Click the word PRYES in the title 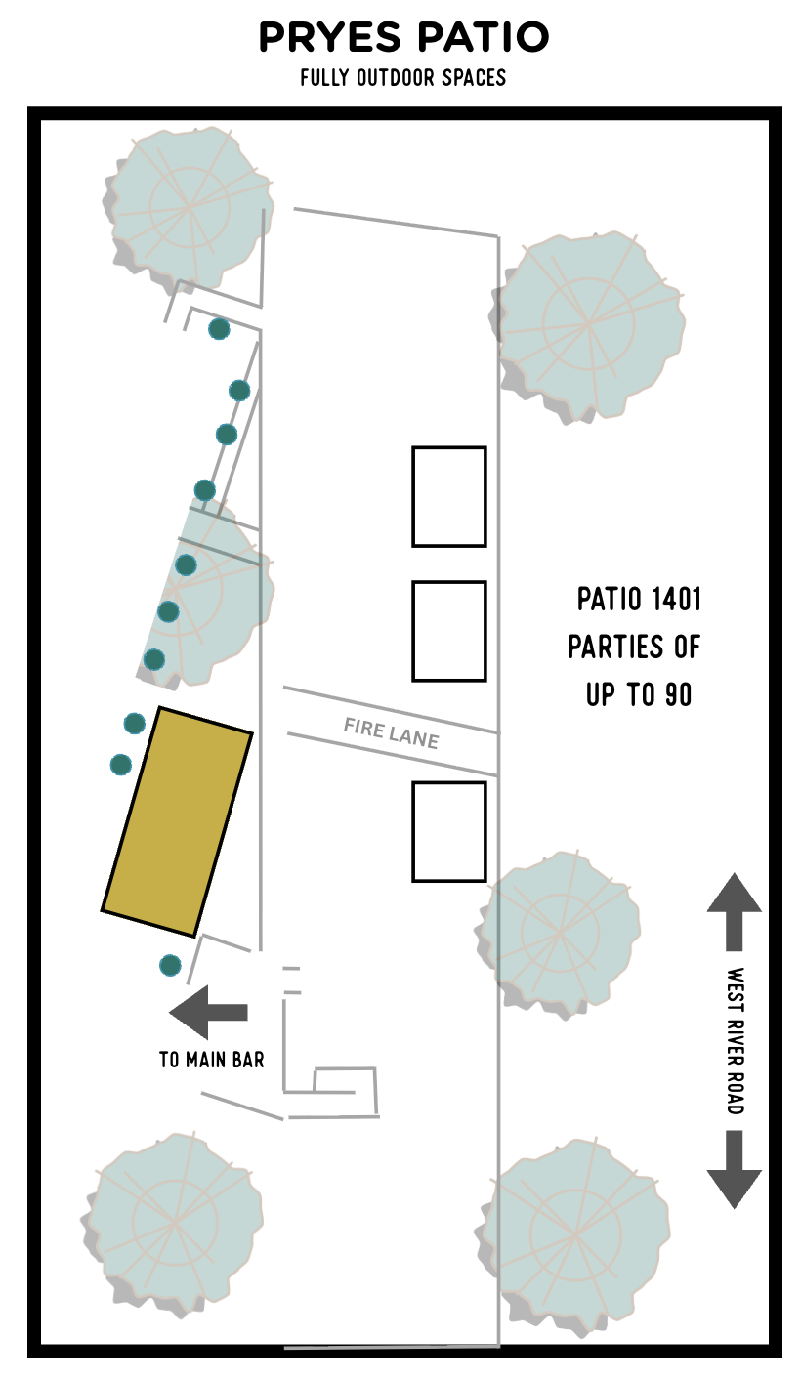[329, 37]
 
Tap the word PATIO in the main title [483, 37]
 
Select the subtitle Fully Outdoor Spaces [403, 78]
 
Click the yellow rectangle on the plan [177, 821]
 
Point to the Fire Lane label [391, 733]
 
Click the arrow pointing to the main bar [208, 1012]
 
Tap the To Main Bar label [212, 1060]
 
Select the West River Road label [736, 1040]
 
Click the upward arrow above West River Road [734, 912]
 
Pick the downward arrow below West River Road [734, 1170]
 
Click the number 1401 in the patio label [676, 599]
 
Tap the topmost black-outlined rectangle [448, 497]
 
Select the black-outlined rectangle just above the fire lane [448, 631]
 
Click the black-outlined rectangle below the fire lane [448, 832]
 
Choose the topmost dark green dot [219, 329]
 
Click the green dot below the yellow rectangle [170, 965]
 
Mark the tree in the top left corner [188, 209]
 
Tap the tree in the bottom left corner [172, 1225]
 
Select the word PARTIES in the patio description [613, 648]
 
